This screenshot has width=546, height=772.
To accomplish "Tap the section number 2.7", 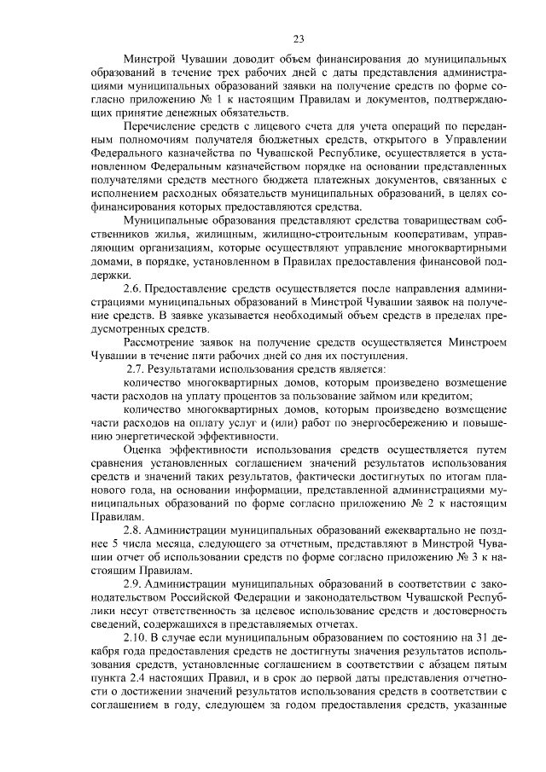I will point(135,369).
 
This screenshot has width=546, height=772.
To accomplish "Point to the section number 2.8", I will point(134,529).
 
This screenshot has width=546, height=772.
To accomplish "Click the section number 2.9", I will point(134,583).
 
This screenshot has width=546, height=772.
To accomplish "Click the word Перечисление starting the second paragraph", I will point(161,128).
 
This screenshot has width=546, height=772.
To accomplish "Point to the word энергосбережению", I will point(398,422).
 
